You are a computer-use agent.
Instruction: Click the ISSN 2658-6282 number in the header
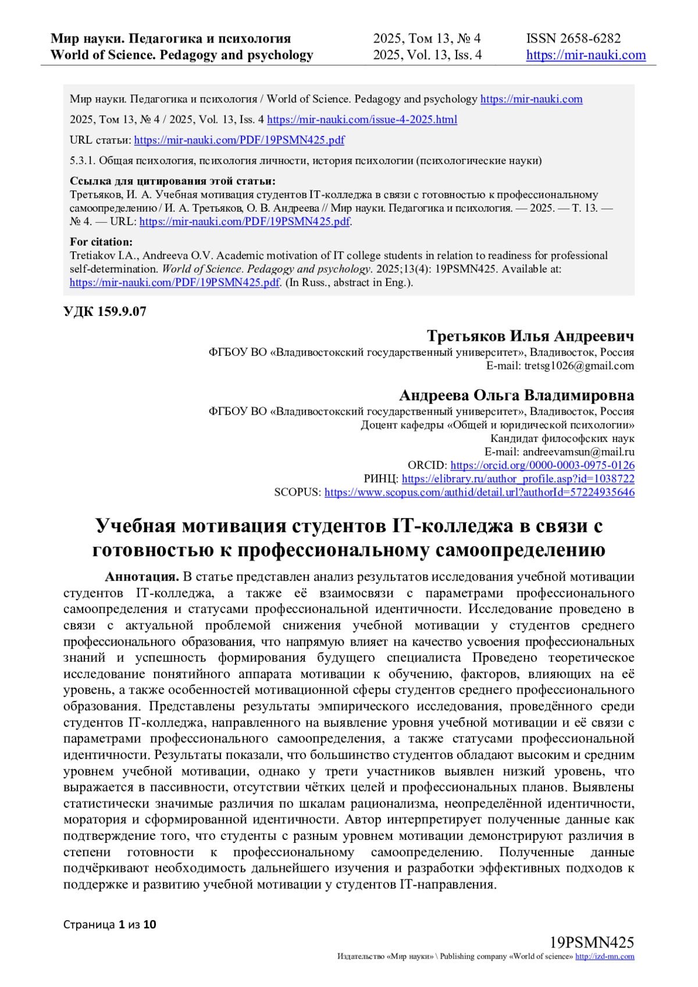click(x=573, y=38)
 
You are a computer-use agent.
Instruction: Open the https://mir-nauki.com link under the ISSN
click(x=586, y=55)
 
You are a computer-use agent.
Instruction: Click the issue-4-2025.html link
click(x=362, y=120)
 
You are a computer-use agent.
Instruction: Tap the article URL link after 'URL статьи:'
click(x=239, y=140)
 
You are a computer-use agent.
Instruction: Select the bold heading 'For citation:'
click(x=101, y=242)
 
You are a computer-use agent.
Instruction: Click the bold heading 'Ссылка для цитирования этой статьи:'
click(x=173, y=181)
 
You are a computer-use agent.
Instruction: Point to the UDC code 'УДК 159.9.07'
click(x=105, y=312)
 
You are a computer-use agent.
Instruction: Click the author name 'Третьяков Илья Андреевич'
click(x=530, y=336)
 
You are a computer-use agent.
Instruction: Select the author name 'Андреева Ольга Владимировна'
click(x=516, y=395)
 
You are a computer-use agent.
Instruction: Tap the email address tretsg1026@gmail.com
click(x=579, y=366)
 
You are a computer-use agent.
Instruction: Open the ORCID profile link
click(x=542, y=465)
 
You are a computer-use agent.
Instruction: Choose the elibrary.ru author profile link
click(x=518, y=479)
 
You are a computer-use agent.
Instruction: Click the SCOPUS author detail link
click(x=479, y=493)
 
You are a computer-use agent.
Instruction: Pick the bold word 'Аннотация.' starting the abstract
click(x=142, y=577)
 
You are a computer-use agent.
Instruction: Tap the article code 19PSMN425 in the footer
click(x=592, y=943)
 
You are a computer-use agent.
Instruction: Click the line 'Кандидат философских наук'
click(x=562, y=439)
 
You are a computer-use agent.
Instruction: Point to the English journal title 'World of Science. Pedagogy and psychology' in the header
click(x=181, y=55)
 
